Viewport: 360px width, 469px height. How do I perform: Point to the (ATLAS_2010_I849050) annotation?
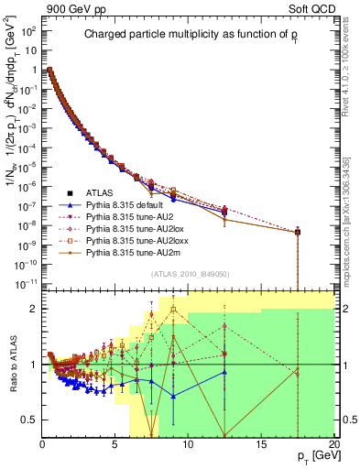pos(190,273)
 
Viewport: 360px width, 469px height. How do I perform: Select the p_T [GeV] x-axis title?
pos(310,455)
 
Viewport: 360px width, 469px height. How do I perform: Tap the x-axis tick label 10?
pos(189,443)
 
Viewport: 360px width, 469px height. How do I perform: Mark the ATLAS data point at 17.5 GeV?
pos(298,232)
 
